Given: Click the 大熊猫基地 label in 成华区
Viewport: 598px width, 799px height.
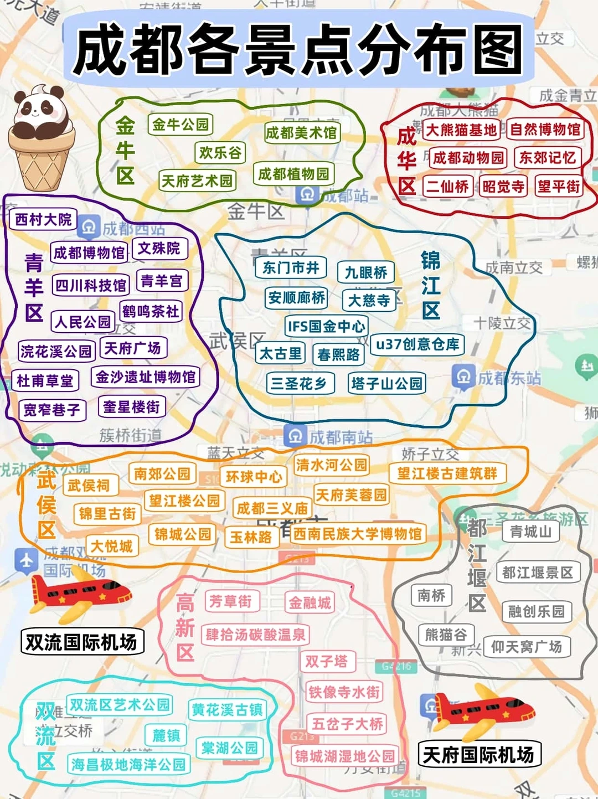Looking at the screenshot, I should pos(461,130).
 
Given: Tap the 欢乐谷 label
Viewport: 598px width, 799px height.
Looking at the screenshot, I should pos(220,152).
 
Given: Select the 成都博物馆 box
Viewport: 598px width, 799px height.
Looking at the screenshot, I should pos(89,253).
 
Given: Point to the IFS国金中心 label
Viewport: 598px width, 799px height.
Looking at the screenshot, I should pos(326,326).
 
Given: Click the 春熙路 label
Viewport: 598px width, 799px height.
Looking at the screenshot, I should pos(338,354).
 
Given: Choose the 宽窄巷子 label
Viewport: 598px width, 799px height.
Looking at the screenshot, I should pos(51,410).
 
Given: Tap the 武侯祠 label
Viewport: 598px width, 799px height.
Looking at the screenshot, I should pos(89,486).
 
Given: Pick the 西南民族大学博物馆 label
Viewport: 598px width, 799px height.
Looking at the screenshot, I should pos(357,534).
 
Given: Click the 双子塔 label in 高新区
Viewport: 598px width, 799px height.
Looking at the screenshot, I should pos(327,661).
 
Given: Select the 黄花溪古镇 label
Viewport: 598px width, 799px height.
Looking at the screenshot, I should pos(227,709).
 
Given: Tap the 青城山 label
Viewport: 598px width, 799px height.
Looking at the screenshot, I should pos(530,532).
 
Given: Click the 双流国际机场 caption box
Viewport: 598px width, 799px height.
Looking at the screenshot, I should pos(81,642).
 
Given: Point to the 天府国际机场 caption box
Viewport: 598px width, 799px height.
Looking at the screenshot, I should pos(478,755).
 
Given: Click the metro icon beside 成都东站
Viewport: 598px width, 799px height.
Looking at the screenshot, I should pos(463,377).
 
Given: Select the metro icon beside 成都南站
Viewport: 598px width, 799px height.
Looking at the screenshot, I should pos(295,436).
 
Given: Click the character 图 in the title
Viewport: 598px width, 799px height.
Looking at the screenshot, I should pos(494,50).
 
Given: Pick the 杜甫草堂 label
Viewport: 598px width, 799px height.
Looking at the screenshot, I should pos(45,380).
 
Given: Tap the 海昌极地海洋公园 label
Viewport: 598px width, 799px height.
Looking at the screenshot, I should pos(128,765).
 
